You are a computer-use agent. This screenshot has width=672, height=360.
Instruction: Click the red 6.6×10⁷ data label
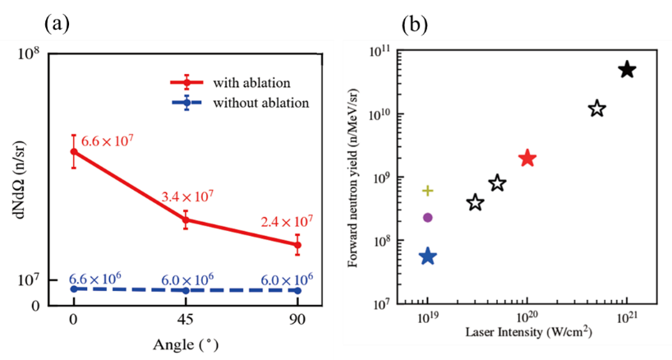click(107, 141)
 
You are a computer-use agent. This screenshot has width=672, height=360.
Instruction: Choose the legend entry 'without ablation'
click(260, 104)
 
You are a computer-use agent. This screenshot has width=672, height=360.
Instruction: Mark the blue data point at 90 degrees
click(297, 290)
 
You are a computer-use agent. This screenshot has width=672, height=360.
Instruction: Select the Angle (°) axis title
click(186, 344)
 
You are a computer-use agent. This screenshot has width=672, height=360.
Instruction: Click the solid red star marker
click(527, 159)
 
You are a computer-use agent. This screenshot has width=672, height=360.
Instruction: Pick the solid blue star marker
click(427, 256)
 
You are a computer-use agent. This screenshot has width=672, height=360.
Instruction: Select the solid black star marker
click(627, 70)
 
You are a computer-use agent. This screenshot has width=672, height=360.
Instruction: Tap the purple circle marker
click(427, 217)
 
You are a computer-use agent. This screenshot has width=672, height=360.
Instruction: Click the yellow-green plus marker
click(427, 191)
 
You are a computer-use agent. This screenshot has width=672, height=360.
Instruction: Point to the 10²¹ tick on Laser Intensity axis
click(627, 317)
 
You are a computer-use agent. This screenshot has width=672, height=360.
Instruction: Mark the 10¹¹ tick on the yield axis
click(380, 53)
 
